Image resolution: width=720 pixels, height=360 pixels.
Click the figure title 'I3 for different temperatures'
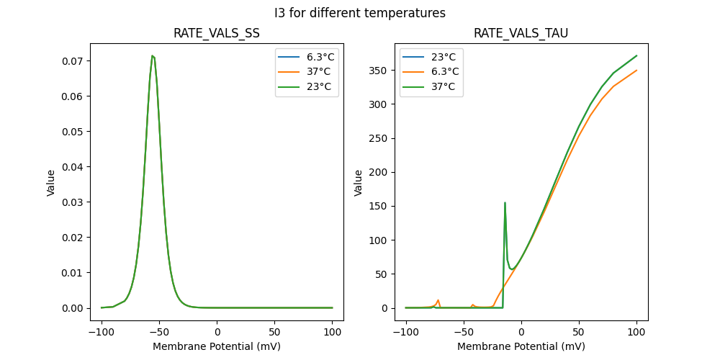click(x=360, y=13)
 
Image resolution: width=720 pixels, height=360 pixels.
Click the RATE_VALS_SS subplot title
click(x=217, y=34)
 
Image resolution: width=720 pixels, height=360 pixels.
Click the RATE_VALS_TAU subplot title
click(x=521, y=34)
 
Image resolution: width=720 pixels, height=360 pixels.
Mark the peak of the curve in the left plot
click(x=153, y=56)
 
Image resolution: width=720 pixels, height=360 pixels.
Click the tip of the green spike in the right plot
click(x=505, y=203)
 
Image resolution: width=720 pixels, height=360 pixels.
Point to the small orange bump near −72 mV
click(x=438, y=300)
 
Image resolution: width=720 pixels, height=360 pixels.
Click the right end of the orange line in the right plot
click(x=636, y=71)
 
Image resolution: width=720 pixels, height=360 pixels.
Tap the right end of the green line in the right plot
click(x=636, y=55)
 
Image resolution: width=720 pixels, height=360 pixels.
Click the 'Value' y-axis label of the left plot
click(x=51, y=182)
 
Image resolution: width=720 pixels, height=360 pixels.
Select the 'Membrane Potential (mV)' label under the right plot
click(x=521, y=346)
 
